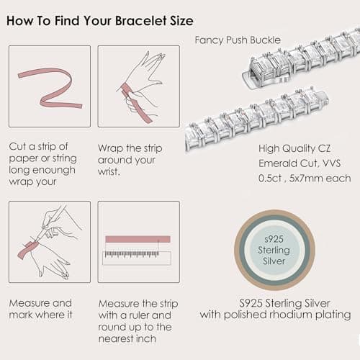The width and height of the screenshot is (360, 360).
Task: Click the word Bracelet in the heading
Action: tap(141, 21)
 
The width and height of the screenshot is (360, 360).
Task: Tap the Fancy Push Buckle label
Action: tap(238, 40)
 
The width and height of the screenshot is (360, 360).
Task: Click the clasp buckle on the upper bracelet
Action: tap(261, 74)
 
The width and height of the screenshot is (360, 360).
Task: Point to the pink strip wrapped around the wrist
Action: tap(135, 103)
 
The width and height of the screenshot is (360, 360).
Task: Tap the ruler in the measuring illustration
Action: tap(137, 258)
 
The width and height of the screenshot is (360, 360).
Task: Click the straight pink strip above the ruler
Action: tap(138, 239)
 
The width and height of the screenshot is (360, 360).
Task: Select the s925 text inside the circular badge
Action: tap(274, 239)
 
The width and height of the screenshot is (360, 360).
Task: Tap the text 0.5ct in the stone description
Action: tap(270, 179)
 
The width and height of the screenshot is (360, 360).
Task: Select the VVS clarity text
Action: tap(332, 163)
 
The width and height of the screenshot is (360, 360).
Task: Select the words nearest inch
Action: tap(127, 338)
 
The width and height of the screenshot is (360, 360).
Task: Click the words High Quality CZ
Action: tap(294, 149)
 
